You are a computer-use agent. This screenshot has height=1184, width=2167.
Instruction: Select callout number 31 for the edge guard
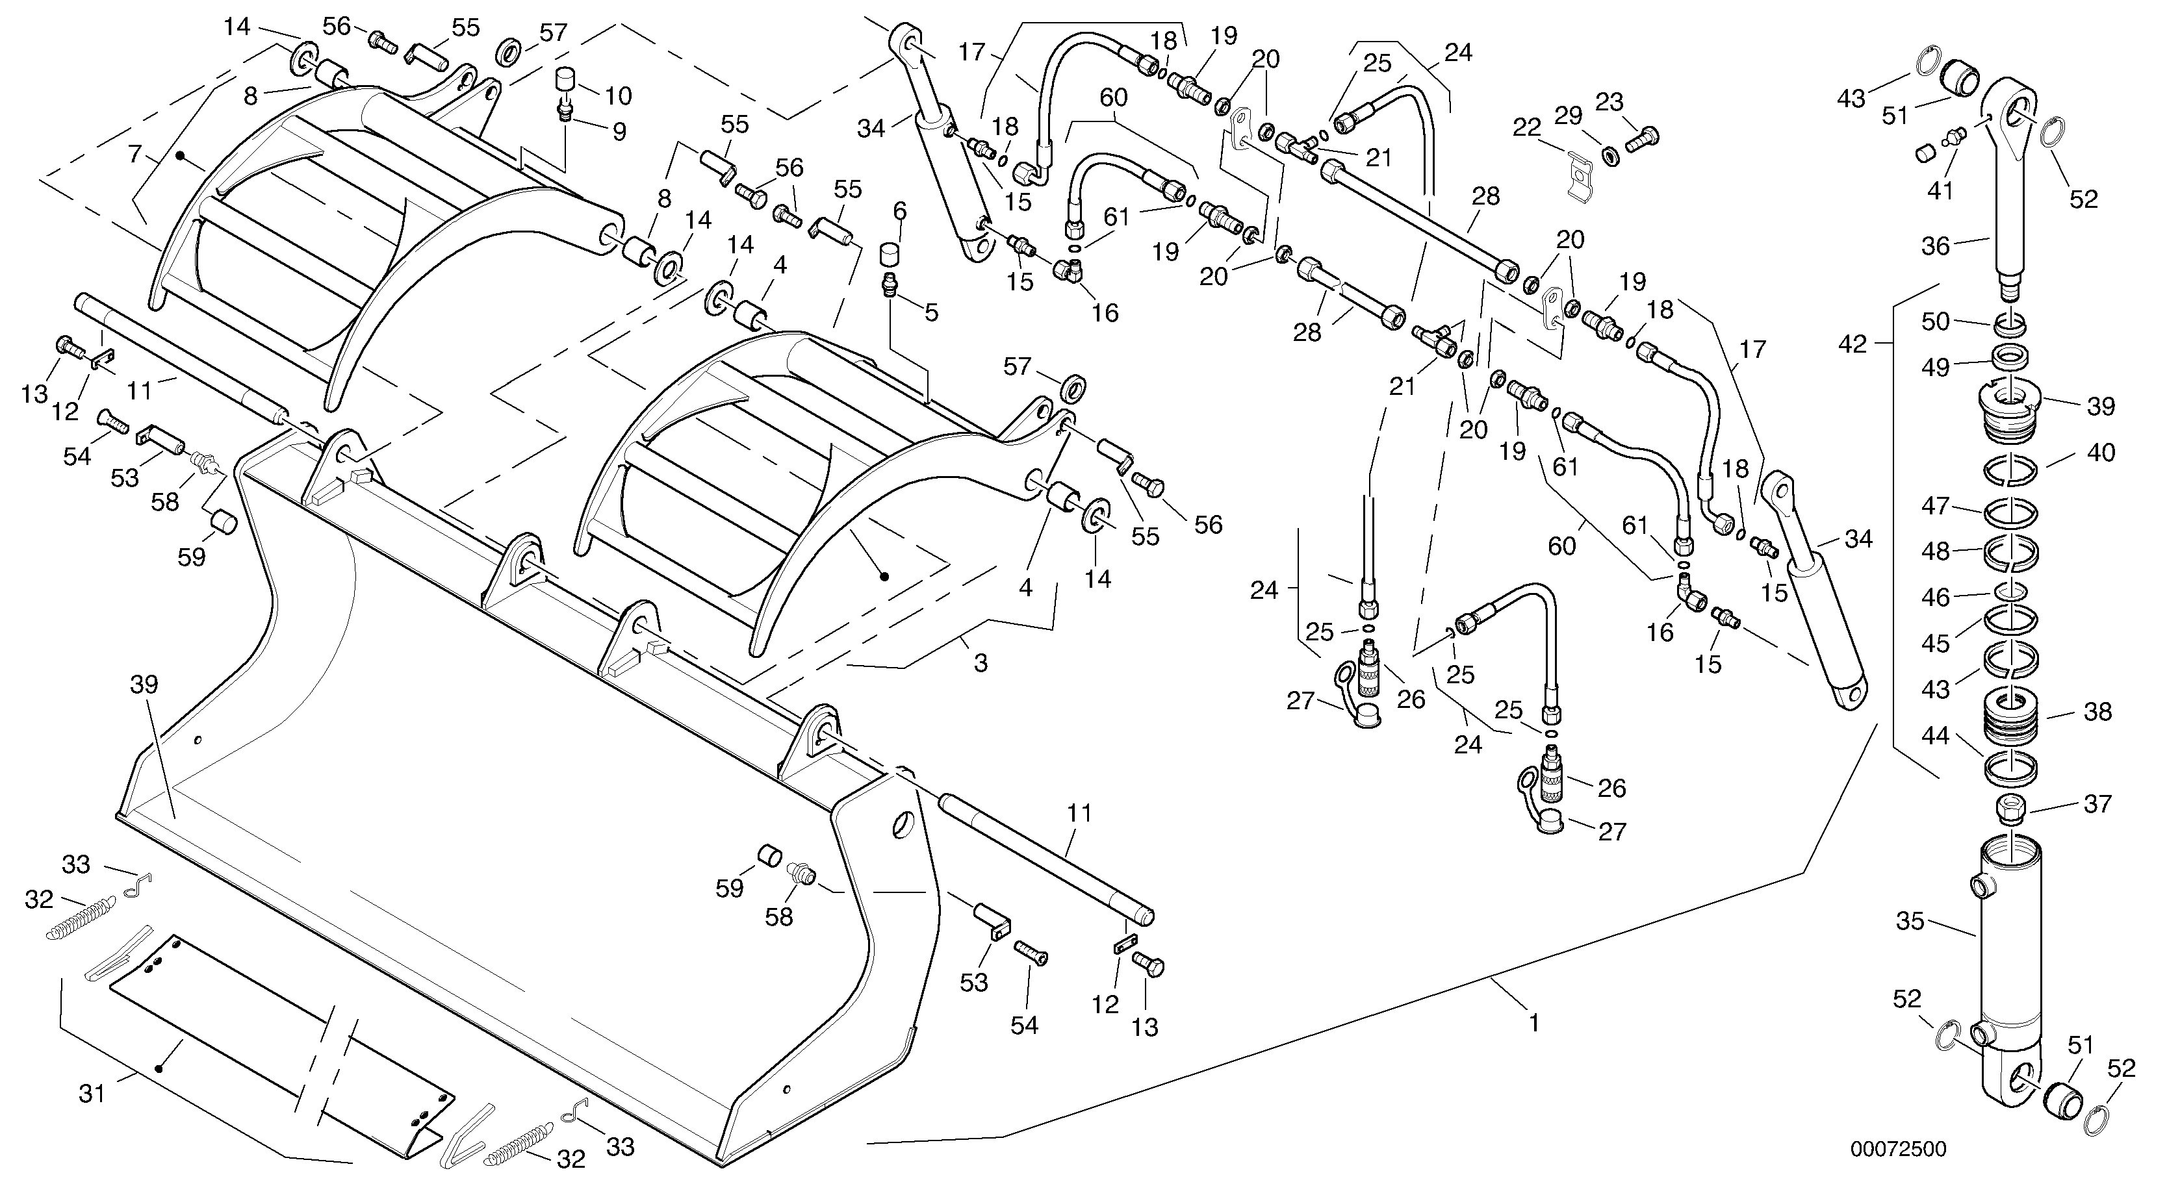click(x=92, y=1094)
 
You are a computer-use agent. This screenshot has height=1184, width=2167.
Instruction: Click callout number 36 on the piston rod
click(x=1935, y=246)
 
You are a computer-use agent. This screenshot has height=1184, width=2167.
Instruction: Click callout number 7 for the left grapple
click(x=134, y=154)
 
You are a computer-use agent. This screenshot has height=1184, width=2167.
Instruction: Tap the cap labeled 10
click(x=565, y=82)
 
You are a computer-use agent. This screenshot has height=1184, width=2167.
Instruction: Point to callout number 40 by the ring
click(x=2101, y=453)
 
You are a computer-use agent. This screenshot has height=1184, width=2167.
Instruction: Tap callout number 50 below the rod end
click(x=1935, y=321)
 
